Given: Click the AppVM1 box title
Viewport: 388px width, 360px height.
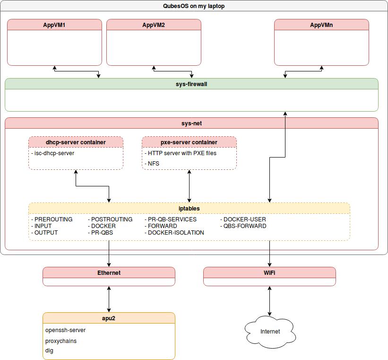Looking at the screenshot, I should tap(54, 25).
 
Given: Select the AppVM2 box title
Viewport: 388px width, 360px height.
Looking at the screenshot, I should tap(154, 25).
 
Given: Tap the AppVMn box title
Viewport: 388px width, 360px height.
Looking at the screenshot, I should tap(321, 25).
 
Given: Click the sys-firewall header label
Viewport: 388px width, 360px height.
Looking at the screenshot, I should tap(191, 84).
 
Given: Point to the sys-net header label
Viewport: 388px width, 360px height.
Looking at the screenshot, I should tap(191, 123).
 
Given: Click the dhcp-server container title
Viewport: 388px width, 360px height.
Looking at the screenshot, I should tap(76, 142).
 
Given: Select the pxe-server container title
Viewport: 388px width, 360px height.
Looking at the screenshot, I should tap(189, 142).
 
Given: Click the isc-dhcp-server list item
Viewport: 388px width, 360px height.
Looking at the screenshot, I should tap(53, 153).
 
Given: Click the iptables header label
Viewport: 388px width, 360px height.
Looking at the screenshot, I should tap(189, 208).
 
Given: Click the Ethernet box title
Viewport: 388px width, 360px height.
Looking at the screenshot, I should tap(109, 273).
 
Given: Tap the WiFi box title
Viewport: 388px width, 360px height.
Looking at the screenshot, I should tap(269, 273).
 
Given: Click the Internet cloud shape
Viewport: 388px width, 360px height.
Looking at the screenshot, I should tap(270, 331).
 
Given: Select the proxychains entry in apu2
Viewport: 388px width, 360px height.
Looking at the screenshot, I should tap(61, 341).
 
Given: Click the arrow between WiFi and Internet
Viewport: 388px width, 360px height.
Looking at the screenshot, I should tap(270, 301).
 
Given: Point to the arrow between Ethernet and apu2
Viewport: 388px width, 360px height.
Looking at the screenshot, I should tap(109, 299).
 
